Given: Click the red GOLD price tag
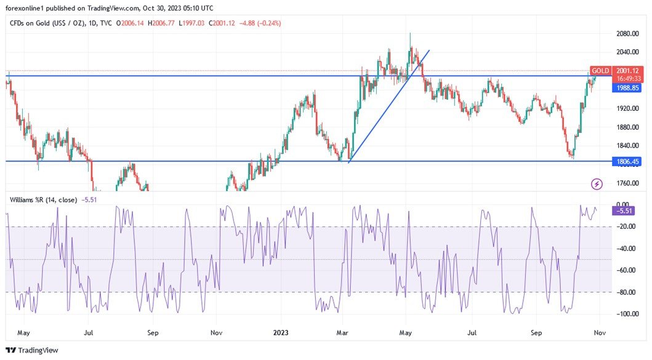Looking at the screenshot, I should (x=600, y=71).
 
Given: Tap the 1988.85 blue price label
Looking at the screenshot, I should (x=628, y=88).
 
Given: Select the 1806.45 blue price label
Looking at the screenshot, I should (x=628, y=161).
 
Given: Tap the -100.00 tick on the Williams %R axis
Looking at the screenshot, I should (x=627, y=314).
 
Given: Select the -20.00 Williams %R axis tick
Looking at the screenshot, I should (x=627, y=226).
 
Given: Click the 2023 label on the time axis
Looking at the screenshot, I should (x=280, y=334).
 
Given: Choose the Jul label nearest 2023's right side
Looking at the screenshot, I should (x=472, y=334).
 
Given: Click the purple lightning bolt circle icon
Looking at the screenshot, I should (x=597, y=183).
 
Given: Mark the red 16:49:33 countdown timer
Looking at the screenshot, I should (x=628, y=79).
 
